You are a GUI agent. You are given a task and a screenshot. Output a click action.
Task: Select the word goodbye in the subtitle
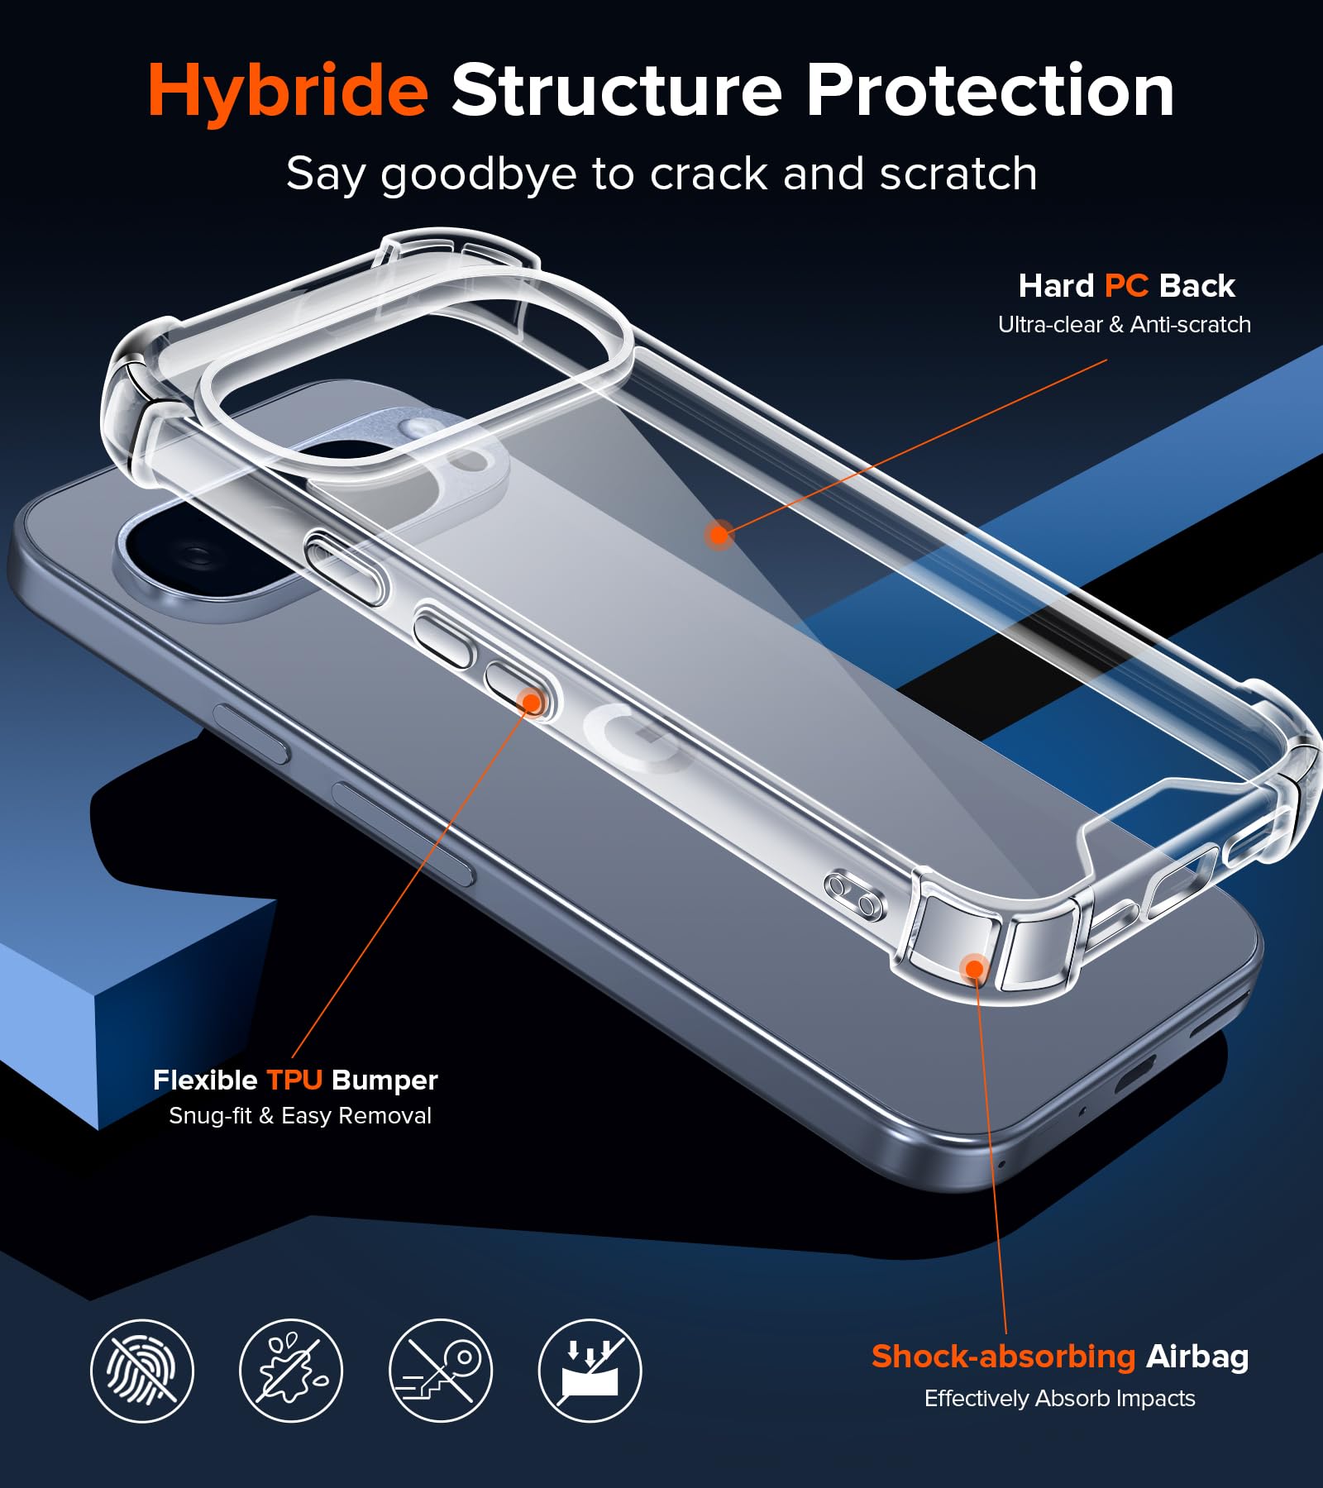tap(479, 175)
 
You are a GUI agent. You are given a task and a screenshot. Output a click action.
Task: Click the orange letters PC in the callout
tap(1126, 286)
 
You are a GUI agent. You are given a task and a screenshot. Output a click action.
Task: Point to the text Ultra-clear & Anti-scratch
tap(1125, 325)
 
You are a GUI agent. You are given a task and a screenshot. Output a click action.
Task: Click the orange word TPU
tap(294, 1080)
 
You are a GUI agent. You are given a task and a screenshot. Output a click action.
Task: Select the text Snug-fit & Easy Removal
tap(300, 1116)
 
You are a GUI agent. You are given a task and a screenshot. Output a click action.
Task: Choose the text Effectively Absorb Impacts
tap(1059, 1399)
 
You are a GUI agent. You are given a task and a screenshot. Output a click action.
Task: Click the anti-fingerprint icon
tap(142, 1371)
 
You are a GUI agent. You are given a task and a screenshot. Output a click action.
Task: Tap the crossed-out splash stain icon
tap(291, 1371)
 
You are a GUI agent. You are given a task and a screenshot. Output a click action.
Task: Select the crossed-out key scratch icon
tap(441, 1371)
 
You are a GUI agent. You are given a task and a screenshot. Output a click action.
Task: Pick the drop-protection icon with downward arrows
tap(590, 1371)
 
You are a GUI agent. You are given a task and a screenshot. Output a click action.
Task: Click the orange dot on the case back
tap(719, 535)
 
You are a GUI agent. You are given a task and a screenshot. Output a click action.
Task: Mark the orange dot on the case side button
tap(531, 703)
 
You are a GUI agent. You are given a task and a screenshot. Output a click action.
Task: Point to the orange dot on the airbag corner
tap(975, 968)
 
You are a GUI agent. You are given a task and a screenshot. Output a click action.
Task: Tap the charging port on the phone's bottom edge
tap(1135, 1074)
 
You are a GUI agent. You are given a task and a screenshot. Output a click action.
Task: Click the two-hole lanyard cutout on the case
tap(853, 895)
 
